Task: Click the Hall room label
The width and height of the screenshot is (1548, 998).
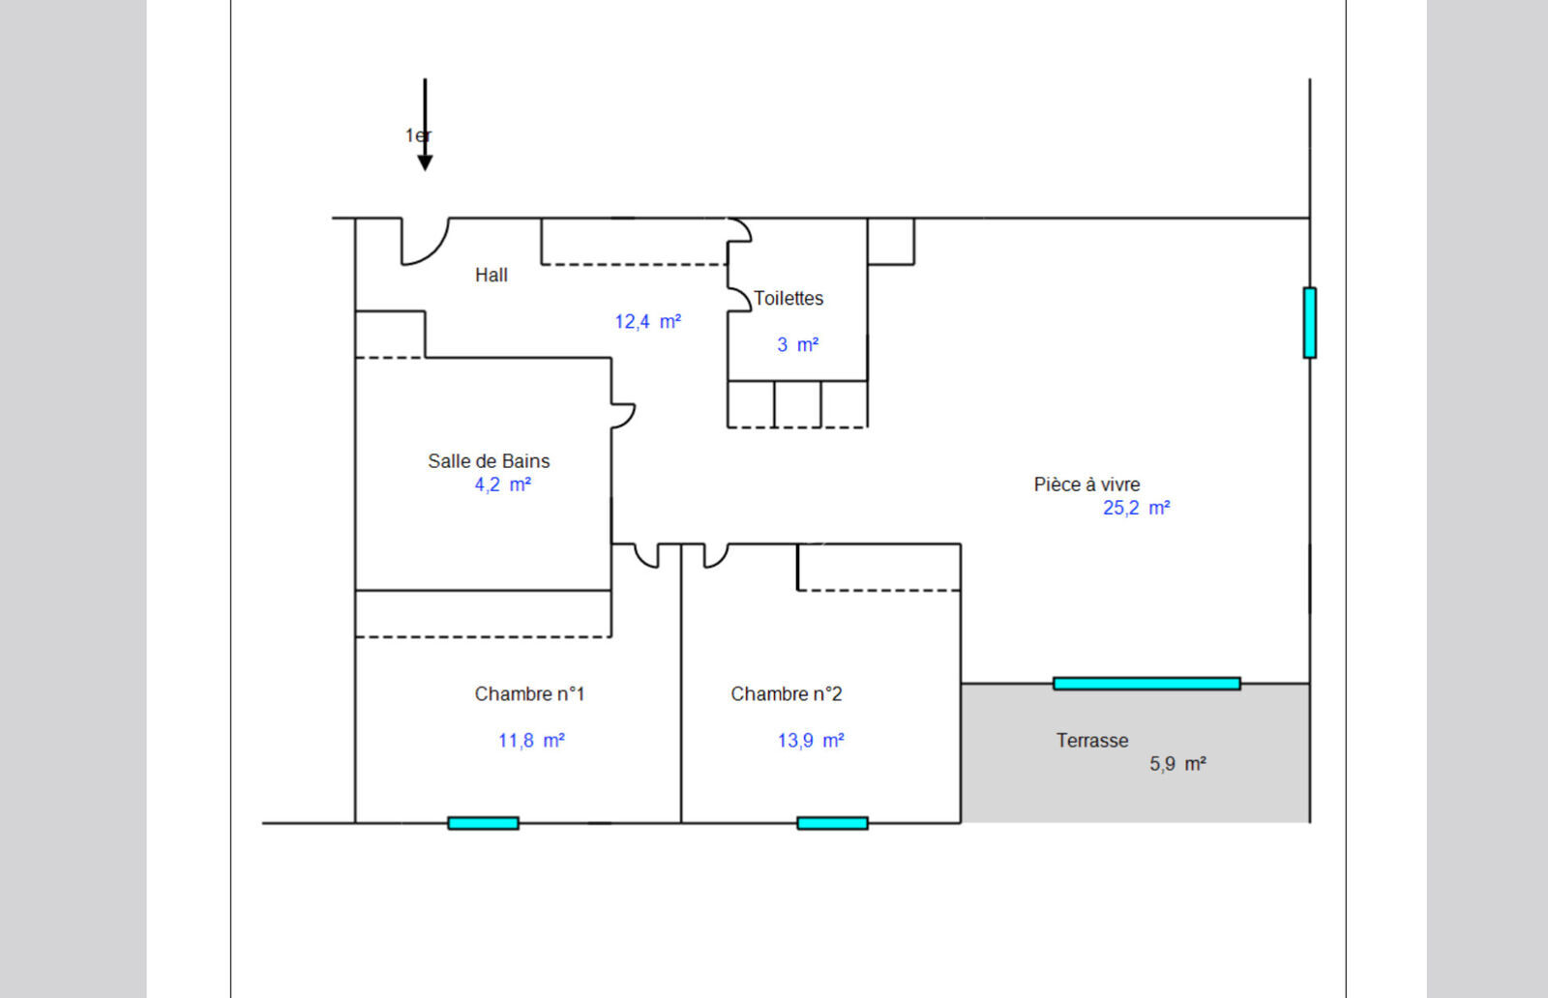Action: click(491, 276)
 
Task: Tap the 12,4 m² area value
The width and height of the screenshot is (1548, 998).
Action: click(647, 322)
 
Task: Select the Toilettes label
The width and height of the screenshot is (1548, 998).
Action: click(789, 299)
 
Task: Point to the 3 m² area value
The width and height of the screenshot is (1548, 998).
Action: click(797, 345)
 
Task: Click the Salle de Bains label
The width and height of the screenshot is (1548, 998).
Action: click(489, 461)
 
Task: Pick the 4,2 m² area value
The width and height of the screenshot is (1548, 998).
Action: click(502, 484)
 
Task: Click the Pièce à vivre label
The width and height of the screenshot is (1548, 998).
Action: click(1087, 484)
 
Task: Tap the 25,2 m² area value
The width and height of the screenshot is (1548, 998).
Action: click(1136, 508)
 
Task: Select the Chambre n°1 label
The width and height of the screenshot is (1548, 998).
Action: click(529, 694)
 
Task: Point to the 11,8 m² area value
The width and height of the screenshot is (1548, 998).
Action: click(531, 741)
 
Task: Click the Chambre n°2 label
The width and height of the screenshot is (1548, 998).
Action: click(786, 694)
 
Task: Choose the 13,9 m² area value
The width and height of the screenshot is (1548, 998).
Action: click(811, 741)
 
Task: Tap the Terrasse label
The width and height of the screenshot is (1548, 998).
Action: click(1092, 741)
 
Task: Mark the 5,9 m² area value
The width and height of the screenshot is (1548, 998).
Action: click(1177, 764)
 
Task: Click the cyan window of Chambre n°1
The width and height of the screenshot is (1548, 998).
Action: click(483, 823)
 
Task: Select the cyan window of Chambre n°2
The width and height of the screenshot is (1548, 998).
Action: click(832, 823)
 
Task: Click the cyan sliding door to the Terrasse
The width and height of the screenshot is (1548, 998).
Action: click(1146, 684)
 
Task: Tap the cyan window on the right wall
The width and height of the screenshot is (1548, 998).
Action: click(1309, 323)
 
